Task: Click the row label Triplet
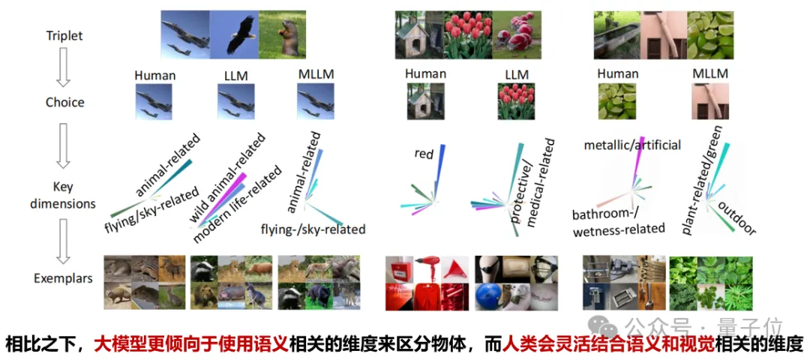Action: point(64,35)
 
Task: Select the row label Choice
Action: point(64,102)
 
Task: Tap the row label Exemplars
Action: point(63,278)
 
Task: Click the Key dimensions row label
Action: point(64,195)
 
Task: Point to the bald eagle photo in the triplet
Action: point(234,34)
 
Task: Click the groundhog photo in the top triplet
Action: point(282,34)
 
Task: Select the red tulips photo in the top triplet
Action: point(466,34)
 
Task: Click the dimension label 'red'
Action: point(424,154)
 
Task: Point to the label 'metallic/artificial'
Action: point(632,144)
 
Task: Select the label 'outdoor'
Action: point(736,217)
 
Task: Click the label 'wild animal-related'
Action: point(226,177)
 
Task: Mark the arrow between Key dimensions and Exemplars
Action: point(64,241)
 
